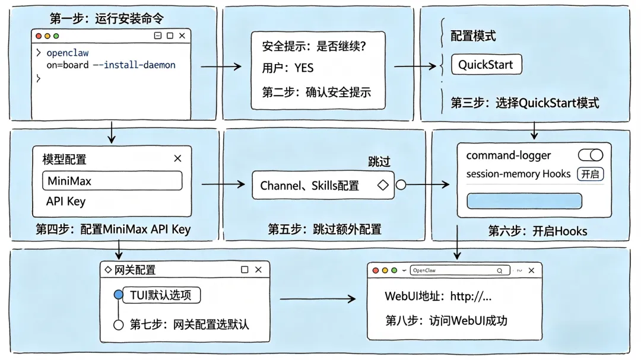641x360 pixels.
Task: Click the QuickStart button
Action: coord(487,65)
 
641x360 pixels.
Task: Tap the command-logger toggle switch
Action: coord(591,155)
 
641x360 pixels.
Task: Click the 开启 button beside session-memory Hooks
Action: coord(591,174)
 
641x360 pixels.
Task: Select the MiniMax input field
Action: coord(112,181)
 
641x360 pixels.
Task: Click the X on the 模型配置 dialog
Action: coord(177,158)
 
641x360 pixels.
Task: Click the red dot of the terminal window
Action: coord(39,36)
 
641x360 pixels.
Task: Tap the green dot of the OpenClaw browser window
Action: coord(394,270)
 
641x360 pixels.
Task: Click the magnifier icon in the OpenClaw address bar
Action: coord(500,270)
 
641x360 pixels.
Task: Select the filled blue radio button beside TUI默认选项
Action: coord(118,295)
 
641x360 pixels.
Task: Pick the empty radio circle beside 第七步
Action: coord(118,325)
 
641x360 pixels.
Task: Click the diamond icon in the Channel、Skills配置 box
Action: coord(383,185)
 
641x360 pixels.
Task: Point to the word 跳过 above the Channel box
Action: coord(379,162)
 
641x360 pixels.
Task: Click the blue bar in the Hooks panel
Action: coord(524,201)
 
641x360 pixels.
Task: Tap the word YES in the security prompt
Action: coord(304,68)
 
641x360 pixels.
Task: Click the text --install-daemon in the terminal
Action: coord(134,65)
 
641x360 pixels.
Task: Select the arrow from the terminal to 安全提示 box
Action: coord(221,66)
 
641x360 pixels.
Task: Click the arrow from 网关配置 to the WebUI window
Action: coord(318,299)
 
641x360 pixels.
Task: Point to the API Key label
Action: coord(66,202)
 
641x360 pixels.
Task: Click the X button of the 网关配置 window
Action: coord(258,270)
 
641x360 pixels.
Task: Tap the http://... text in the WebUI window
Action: coord(471,297)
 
